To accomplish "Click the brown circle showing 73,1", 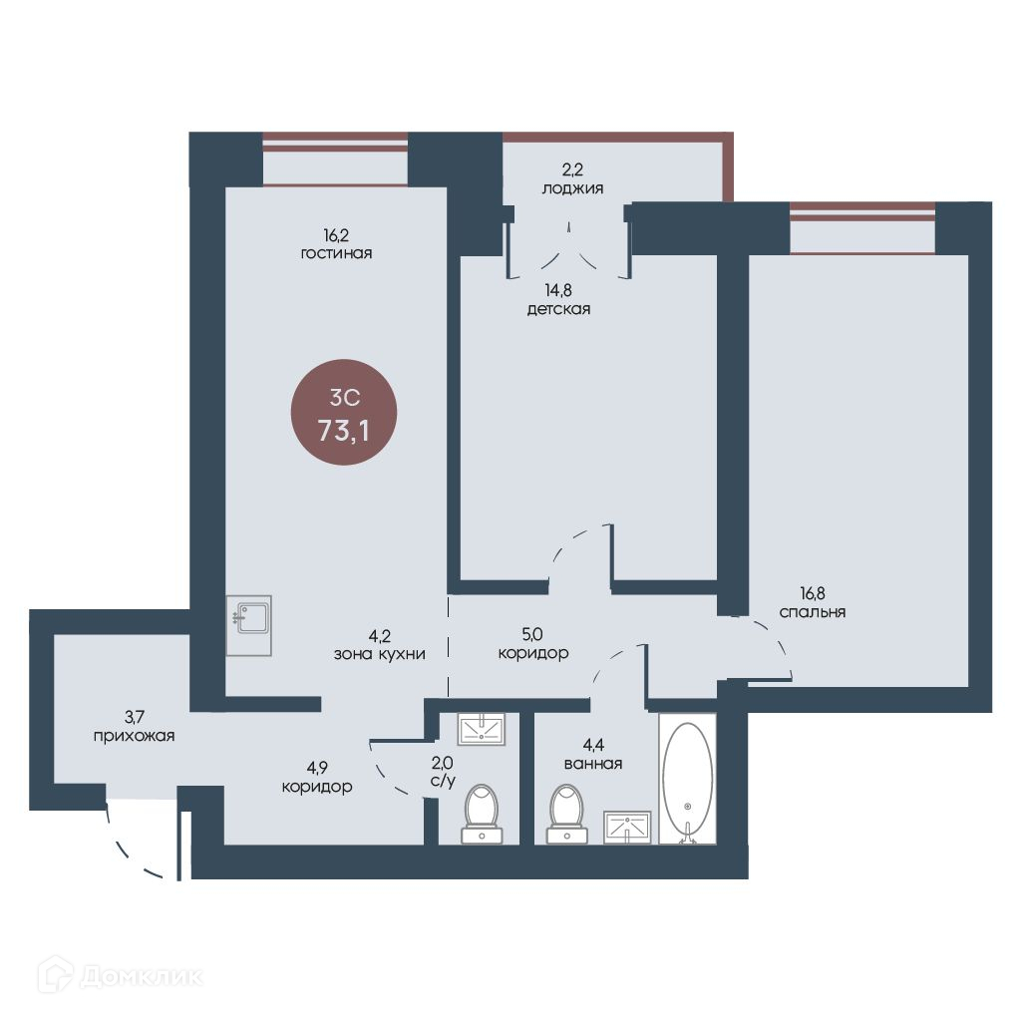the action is (343, 412).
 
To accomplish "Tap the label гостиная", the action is (336, 253).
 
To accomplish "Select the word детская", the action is (558, 309).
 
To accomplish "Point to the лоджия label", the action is (572, 188).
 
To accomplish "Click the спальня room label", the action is (813, 612).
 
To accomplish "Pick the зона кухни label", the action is (380, 654).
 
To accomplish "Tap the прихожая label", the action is (134, 736).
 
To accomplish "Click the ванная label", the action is (593, 764).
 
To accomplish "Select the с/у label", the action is (443, 781).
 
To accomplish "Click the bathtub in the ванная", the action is (688, 779).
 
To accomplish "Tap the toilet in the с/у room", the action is (482, 814).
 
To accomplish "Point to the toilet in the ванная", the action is (567, 814).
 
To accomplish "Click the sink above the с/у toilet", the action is (482, 729).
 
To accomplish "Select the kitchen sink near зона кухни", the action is (249, 625).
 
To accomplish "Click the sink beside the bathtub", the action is (627, 828).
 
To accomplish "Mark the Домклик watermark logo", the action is (121, 975).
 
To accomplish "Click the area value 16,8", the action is (813, 593).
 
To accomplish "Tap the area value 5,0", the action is (532, 633).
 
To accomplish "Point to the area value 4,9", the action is (316, 768).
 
